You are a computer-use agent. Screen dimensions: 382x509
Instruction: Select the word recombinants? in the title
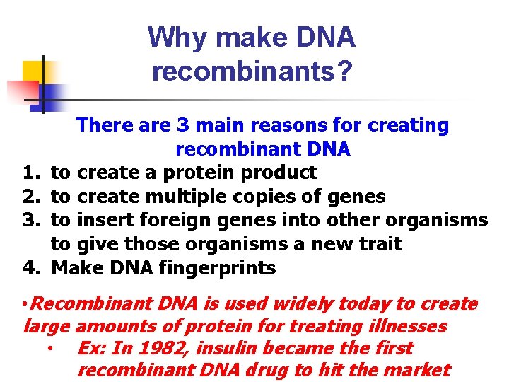point(252,71)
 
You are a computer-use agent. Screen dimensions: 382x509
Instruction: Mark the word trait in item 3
point(380,245)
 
